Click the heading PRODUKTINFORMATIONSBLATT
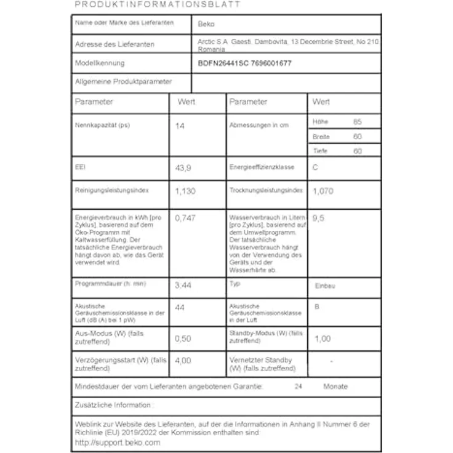point(158,4)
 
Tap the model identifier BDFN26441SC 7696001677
point(245,63)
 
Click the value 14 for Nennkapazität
point(180,126)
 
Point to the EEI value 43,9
point(183,167)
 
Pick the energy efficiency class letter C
point(315,167)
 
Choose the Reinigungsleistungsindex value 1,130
point(185,191)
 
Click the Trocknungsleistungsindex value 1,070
point(323,191)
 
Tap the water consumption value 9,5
point(318,218)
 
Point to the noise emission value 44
point(180,307)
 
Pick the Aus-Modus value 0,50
point(183,339)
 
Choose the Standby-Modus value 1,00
point(322,339)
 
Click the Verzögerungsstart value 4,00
point(183,361)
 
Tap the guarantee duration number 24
point(299,387)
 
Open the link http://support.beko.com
point(117,442)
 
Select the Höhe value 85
point(358,122)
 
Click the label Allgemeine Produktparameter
point(123,81)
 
